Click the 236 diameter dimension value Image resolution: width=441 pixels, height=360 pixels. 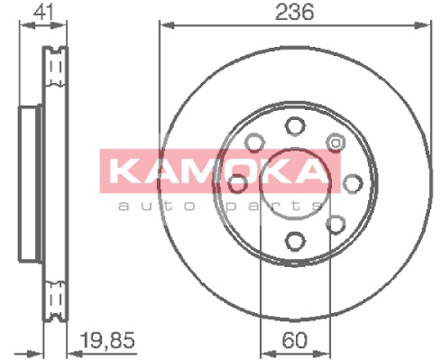tap(294, 12)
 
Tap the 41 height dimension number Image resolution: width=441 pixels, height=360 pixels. tap(44, 12)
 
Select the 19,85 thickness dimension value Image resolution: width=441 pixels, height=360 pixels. tap(108, 340)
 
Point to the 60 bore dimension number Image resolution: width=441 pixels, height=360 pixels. tap(295, 340)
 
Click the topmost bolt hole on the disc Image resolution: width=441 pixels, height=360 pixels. tap(295, 126)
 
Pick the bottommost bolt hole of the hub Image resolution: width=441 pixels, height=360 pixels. tap(295, 241)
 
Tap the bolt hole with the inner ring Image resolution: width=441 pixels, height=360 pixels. tap(335, 142)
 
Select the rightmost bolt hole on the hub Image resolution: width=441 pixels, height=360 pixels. tap(353, 183)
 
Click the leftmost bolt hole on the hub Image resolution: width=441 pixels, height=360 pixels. tap(238, 183)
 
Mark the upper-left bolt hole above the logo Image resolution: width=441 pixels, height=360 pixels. tap(255, 142)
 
